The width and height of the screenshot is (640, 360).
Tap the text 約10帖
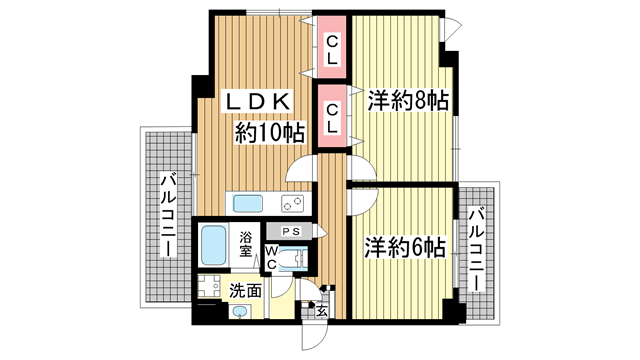269,131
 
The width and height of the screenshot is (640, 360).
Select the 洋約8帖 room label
407,102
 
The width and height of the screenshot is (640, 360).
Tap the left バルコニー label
167,214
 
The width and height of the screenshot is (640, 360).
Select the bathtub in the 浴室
215,243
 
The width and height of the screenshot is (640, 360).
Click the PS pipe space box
291,232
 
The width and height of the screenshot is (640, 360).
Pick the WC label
271,257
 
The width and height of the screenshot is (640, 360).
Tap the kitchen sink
247,203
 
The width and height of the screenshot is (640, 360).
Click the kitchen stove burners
293,203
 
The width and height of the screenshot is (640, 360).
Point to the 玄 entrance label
322,310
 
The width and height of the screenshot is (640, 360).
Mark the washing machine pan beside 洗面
209,290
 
